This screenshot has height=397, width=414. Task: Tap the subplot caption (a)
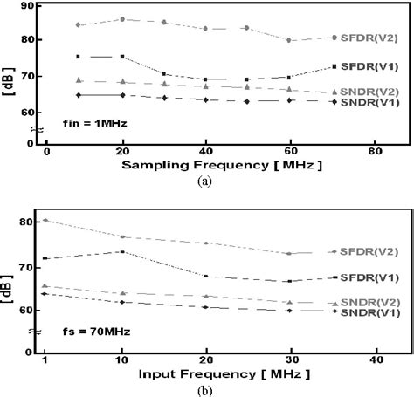point(208,181)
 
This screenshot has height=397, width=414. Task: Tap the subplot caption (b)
point(208,390)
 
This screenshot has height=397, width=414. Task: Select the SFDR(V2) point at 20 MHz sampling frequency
point(122,18)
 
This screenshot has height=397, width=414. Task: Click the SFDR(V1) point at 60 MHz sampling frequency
point(289,78)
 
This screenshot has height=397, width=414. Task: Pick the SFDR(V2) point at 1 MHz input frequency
point(45,220)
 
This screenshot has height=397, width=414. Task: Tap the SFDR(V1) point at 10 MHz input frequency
point(122,251)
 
